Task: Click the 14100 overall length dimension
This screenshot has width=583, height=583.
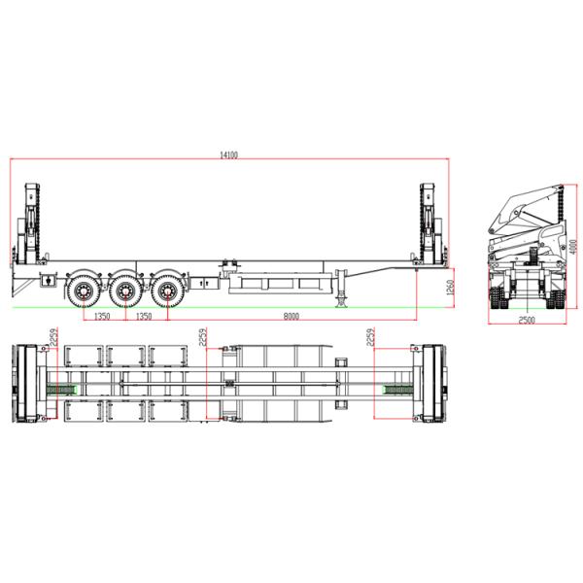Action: [x=228, y=155]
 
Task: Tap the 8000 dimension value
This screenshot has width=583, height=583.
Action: [x=291, y=317]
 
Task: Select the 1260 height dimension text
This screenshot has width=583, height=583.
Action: [x=450, y=288]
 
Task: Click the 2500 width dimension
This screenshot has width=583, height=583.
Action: [x=527, y=320]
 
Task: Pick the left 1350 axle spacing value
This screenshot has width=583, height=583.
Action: [x=102, y=317]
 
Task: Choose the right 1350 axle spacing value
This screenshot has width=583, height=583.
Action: [x=144, y=317]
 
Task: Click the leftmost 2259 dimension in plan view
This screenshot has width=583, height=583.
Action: [x=54, y=337]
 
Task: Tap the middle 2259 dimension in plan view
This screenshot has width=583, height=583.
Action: [x=203, y=337]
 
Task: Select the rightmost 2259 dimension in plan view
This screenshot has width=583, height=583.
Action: [x=370, y=337]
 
